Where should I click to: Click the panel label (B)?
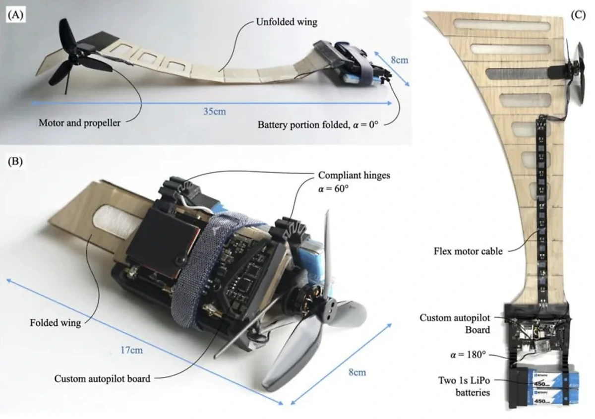(13, 162)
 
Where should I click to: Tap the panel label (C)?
(578, 14)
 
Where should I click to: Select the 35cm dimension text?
(215, 111)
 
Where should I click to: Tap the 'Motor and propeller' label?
(79, 122)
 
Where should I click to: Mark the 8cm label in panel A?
(399, 60)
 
